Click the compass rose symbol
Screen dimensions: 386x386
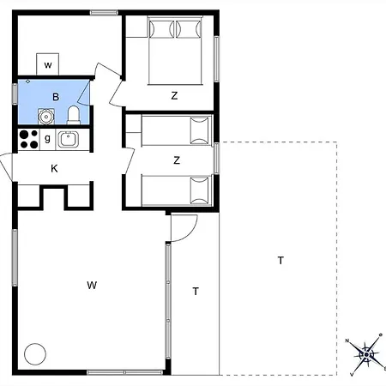[366, 354]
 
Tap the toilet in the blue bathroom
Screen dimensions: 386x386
[74, 115]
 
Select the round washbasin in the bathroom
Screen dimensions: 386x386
[45, 117]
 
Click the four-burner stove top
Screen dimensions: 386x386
[29, 139]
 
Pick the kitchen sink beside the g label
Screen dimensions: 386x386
[68, 139]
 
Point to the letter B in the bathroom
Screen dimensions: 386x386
[56, 97]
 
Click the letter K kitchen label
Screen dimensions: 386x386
[54, 169]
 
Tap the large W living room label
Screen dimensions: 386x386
[92, 285]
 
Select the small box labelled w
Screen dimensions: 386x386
[48, 64]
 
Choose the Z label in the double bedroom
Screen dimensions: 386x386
[174, 95]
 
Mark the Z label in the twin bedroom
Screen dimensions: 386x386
[177, 160]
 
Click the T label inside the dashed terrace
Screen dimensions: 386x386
[280, 261]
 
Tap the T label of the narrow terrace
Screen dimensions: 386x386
[196, 292]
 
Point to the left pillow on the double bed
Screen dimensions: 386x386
[161, 29]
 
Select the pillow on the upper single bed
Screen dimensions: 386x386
[200, 130]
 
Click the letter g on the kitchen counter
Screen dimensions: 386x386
[47, 139]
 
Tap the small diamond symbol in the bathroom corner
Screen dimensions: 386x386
[27, 81]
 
